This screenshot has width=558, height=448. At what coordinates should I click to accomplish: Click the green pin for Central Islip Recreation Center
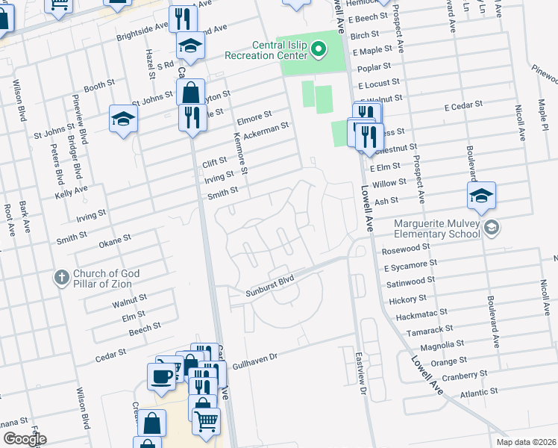pos(319,51)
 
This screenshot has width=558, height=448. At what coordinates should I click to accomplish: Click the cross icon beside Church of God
pos(62,278)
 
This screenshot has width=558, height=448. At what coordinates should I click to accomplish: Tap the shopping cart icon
pos(206,420)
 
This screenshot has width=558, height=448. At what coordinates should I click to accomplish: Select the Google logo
pos(25,439)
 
